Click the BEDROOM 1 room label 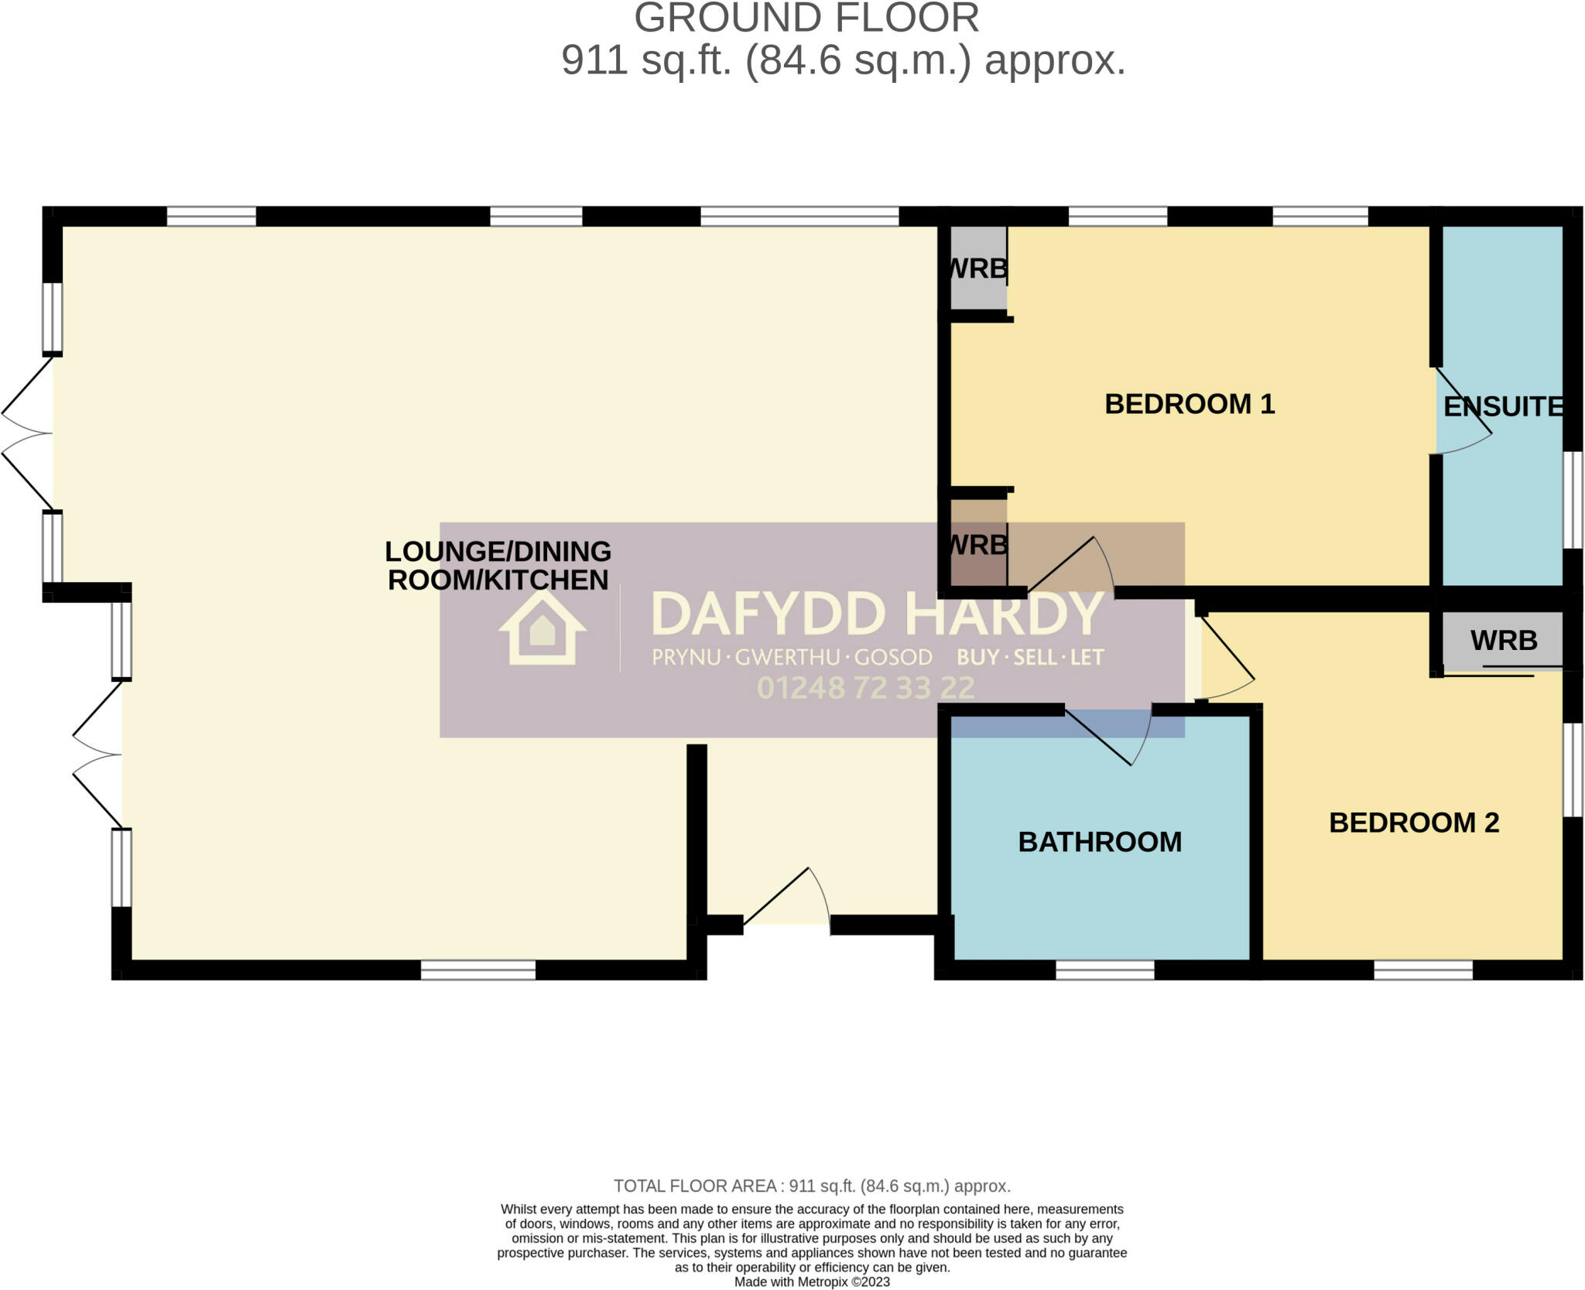coord(1189,404)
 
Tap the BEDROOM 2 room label coord(1414,823)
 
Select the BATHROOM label coord(1100,842)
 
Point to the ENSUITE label coord(1503,406)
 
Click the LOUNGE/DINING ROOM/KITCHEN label coord(498,566)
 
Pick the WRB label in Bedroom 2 coord(1504,640)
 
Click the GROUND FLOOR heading coord(806,19)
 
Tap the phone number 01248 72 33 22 coord(865,687)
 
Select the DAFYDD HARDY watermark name coord(878,614)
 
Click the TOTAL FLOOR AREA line coord(812,1186)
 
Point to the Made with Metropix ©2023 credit coord(812,1281)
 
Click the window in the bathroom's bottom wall coord(1104,970)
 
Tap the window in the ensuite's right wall coord(1573,500)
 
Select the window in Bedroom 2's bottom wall coord(1423,970)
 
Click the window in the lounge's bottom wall coord(478,970)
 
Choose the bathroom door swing coord(1114,735)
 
